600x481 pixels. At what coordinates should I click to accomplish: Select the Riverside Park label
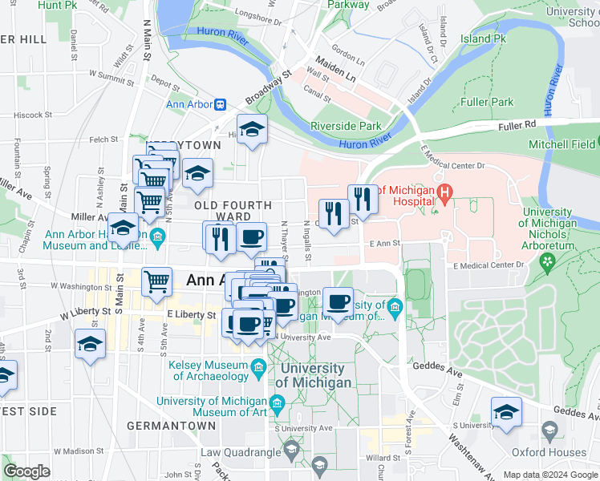click(x=346, y=126)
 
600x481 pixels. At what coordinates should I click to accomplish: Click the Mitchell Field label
click(x=562, y=145)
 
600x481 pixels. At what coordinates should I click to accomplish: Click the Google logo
click(x=27, y=471)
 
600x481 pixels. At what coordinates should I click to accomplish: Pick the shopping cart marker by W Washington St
click(x=157, y=281)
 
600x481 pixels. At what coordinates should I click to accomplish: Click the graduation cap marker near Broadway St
click(x=252, y=129)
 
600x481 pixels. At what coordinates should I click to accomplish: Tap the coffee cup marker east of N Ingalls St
click(x=338, y=302)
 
